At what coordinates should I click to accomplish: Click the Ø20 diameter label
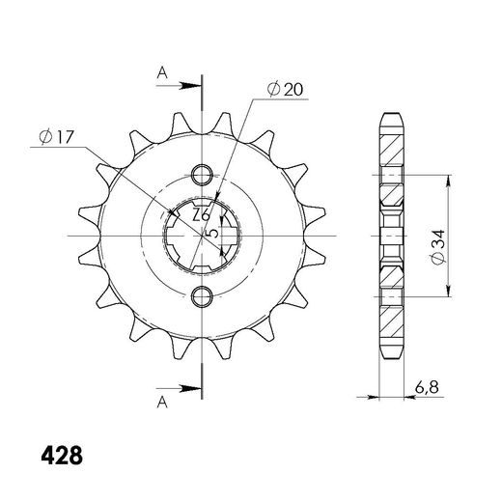(285, 89)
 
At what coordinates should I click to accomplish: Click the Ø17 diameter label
(57, 137)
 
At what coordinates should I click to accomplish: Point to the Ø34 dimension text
(438, 247)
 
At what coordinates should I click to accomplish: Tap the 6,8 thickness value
(427, 387)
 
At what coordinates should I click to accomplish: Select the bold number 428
(62, 456)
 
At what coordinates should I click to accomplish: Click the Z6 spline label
(201, 214)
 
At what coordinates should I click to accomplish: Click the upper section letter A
(162, 73)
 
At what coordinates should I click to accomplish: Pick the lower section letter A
(162, 402)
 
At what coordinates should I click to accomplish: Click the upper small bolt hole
(202, 175)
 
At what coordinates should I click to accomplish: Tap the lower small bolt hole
(202, 296)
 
